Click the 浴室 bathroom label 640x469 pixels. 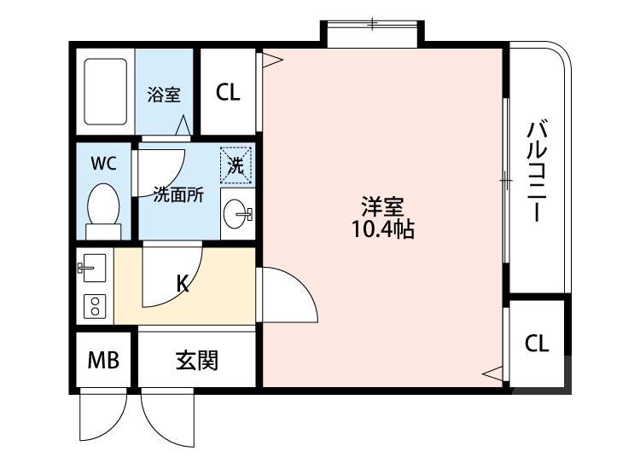163,94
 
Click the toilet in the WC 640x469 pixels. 104,208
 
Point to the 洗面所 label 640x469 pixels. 178,194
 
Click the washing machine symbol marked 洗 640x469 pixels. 235,165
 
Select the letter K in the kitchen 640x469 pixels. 183,285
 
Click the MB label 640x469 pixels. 102,362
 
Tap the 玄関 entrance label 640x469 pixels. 197,362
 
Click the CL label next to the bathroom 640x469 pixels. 228,92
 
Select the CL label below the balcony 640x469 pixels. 536,344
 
